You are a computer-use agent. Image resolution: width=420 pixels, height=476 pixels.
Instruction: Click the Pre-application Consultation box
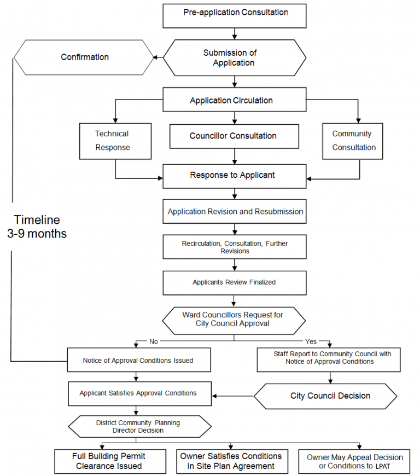coord(235,16)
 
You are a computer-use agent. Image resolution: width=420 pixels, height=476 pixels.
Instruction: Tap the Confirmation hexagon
coord(84,57)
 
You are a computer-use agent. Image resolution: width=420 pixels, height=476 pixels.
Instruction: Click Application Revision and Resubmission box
coord(235,211)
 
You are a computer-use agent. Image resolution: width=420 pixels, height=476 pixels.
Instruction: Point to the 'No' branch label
coord(154,341)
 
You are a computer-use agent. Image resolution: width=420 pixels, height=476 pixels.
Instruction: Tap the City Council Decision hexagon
coord(330,396)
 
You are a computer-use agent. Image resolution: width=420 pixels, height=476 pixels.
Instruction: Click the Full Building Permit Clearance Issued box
coord(109,461)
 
